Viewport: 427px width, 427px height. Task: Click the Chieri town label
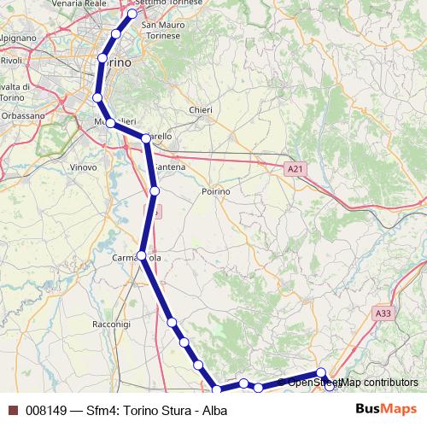(x=200, y=110)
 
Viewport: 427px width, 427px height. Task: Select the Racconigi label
(x=111, y=325)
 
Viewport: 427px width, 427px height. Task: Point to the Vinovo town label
(x=83, y=167)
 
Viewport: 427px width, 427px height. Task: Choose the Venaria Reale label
(x=79, y=3)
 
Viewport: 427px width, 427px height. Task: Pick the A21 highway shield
(x=295, y=170)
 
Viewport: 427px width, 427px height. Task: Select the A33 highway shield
(x=383, y=314)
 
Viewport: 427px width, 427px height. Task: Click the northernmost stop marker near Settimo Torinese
(x=132, y=14)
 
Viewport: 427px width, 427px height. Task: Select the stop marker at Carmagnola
(x=142, y=255)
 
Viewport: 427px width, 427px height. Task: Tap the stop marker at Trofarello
(x=146, y=138)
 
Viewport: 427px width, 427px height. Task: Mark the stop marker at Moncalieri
(x=110, y=124)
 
